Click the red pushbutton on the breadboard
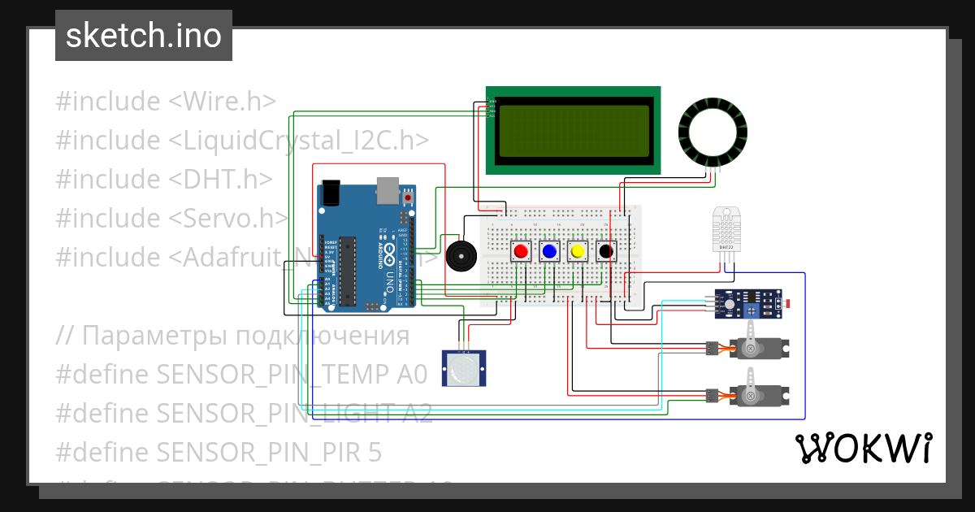pos(521,251)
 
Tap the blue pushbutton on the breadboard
pos(549,251)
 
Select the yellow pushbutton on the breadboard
pos(578,251)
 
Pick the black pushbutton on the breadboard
pos(605,251)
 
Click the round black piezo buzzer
pos(461,256)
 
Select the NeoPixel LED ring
pos(713,133)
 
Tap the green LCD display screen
pos(573,129)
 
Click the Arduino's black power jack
pos(330,193)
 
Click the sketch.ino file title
pos(143,36)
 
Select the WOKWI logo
pos(863,448)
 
